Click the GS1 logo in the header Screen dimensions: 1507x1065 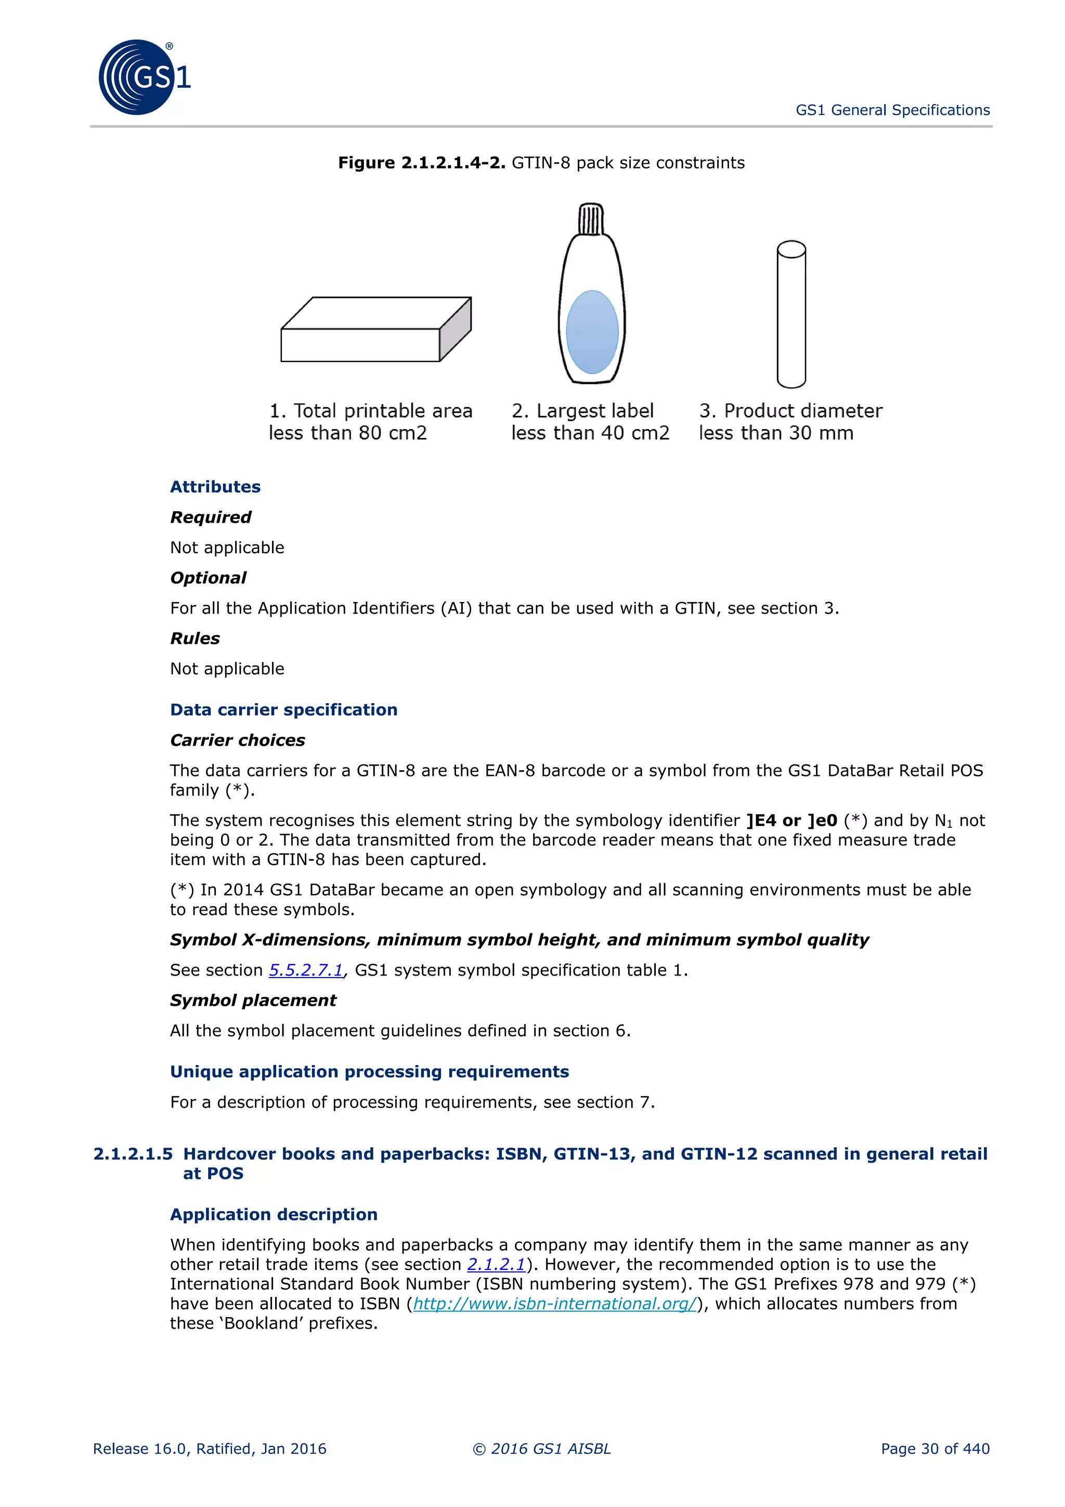pyautogui.click(x=143, y=77)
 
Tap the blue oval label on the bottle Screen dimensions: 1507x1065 pyautogui.click(x=592, y=332)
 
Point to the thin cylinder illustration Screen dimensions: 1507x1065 pyautogui.click(x=791, y=315)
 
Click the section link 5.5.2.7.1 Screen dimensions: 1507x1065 pyautogui.click(x=306, y=970)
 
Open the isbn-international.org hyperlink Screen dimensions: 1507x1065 pyautogui.click(x=554, y=1304)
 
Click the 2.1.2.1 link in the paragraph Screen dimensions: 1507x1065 pyautogui.click(x=496, y=1264)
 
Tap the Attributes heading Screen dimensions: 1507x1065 pyautogui.click(x=215, y=487)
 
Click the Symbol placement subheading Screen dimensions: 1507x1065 pyautogui.click(x=253, y=1001)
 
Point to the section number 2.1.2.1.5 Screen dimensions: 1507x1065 pyautogui.click(x=133, y=1154)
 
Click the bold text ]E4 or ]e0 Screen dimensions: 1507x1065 pyautogui.click(x=791, y=821)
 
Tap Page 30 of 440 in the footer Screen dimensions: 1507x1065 pyautogui.click(x=934, y=1449)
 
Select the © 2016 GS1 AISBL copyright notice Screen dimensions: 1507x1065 pyautogui.click(x=541, y=1449)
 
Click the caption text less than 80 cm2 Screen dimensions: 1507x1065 pyautogui.click(x=348, y=433)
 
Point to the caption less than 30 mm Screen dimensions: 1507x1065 pyautogui.click(x=776, y=433)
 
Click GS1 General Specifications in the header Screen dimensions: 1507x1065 pyautogui.click(x=892, y=110)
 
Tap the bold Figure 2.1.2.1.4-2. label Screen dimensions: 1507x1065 pyautogui.click(x=421, y=163)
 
